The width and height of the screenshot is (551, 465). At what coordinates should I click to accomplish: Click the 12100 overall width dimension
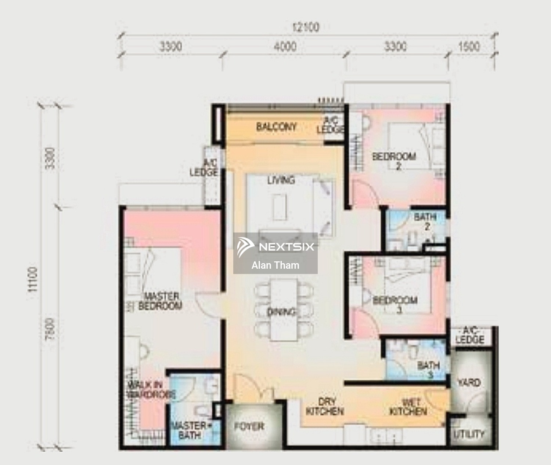point(306,27)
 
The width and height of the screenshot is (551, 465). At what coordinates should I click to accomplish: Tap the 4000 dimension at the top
point(285,47)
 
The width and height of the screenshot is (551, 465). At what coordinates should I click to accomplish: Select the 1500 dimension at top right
point(469,47)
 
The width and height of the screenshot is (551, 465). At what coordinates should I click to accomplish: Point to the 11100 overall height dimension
point(33,279)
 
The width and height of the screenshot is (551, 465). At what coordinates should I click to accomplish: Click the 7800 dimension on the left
point(51,329)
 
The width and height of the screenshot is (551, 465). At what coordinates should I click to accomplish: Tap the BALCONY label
point(276,127)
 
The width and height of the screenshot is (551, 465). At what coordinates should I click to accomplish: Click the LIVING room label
point(281,180)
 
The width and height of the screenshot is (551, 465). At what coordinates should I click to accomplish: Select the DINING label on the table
point(281,312)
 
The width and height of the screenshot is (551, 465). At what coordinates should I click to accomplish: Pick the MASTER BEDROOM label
point(161,301)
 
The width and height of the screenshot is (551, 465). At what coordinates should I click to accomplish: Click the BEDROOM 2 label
point(395,161)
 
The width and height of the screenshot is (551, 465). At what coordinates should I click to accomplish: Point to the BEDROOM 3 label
point(395,304)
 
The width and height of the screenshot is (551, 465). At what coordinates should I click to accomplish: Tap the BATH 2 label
point(425,221)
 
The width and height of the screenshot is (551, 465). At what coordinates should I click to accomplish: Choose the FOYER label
point(249,427)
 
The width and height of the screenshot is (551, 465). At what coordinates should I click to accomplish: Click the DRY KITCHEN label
point(325,407)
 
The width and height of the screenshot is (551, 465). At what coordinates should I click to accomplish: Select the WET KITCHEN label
point(408,407)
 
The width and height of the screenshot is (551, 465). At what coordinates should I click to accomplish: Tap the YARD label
point(469,383)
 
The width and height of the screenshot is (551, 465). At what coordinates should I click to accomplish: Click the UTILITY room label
point(469,434)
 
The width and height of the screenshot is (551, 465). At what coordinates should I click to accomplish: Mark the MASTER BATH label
point(189,430)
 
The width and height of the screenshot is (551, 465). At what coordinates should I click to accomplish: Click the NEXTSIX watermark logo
point(275,246)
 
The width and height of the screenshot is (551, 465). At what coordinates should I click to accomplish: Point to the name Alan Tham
point(275,265)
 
